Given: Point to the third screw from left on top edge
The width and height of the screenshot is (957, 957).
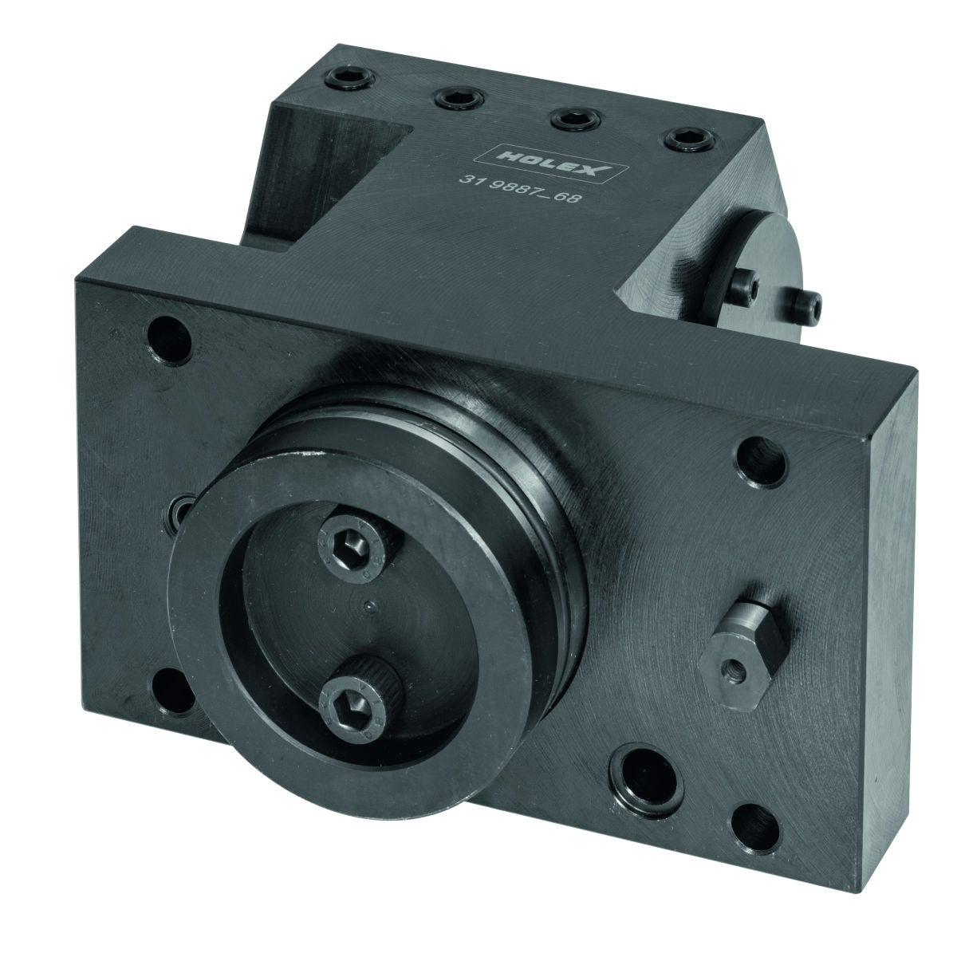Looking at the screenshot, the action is (x=576, y=119).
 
